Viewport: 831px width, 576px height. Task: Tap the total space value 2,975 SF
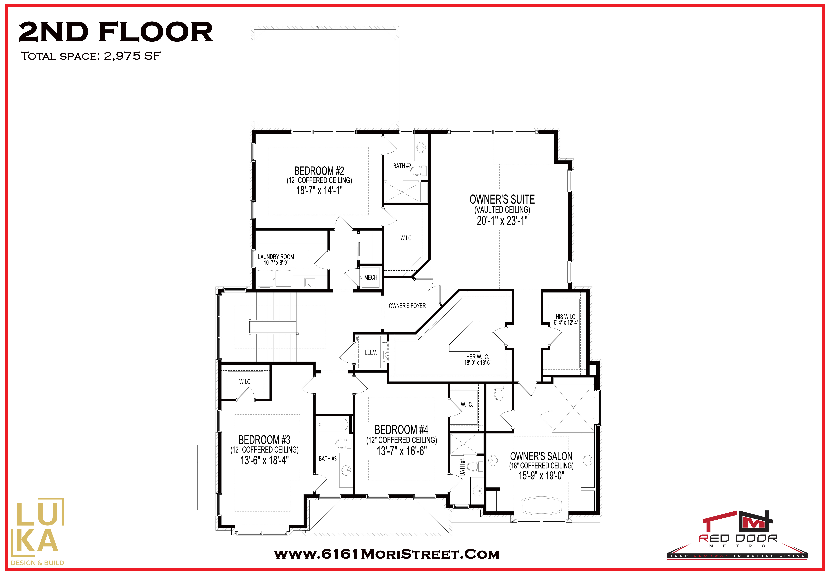pyautogui.click(x=132, y=56)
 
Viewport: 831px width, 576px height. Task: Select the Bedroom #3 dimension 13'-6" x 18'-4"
pyautogui.click(x=264, y=460)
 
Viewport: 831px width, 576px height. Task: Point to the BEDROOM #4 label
pyautogui.click(x=401, y=429)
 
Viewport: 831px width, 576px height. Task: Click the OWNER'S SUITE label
pyautogui.click(x=502, y=199)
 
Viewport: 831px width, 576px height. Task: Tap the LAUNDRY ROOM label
pyautogui.click(x=276, y=257)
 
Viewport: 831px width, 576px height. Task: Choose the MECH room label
pyautogui.click(x=371, y=277)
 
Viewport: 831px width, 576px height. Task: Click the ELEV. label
pyautogui.click(x=371, y=352)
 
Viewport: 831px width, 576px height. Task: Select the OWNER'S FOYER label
pyautogui.click(x=407, y=306)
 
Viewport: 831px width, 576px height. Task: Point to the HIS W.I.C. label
pyautogui.click(x=566, y=317)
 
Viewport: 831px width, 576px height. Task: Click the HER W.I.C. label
pyautogui.click(x=477, y=357)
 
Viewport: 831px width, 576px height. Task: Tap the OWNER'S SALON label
pyautogui.click(x=541, y=456)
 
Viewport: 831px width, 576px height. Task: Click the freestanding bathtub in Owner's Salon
pyautogui.click(x=541, y=506)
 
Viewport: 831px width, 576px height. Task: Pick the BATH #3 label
pyautogui.click(x=327, y=459)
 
